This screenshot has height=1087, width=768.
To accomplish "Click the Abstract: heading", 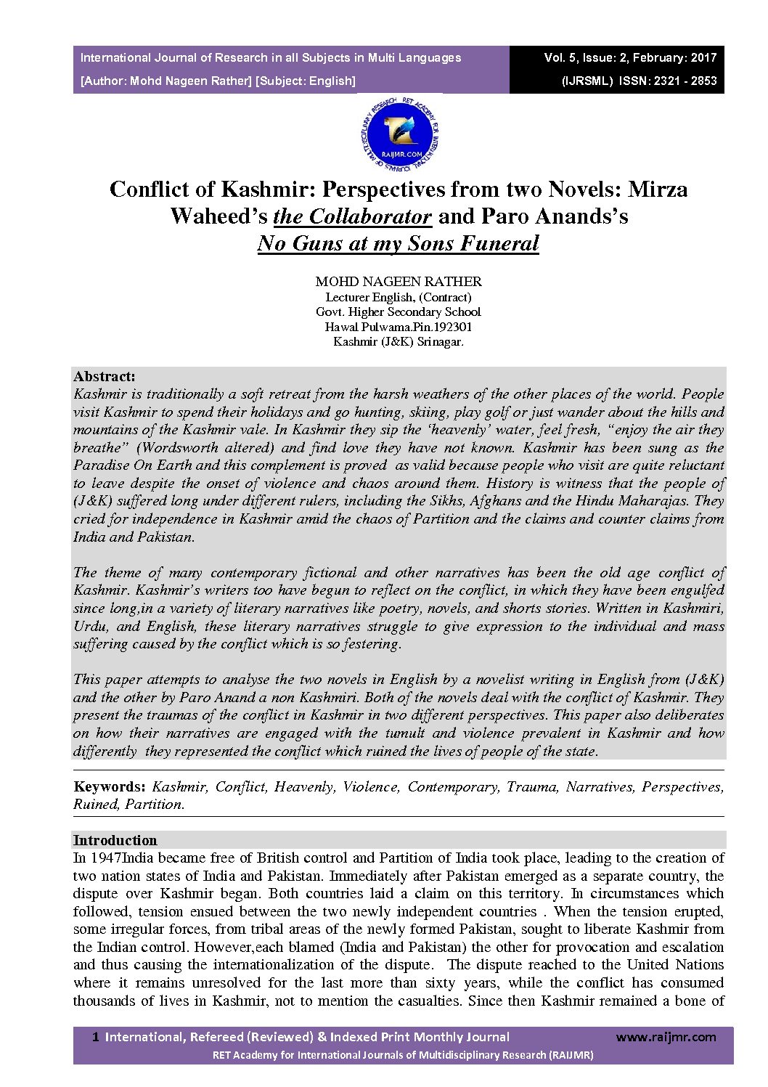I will (x=105, y=376).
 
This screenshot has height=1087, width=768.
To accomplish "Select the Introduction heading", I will (x=115, y=840).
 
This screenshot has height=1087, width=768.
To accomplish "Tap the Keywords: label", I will (x=110, y=786).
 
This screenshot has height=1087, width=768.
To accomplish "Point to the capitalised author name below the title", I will (x=399, y=281).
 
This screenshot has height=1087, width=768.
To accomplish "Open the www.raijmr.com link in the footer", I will (x=666, y=1037).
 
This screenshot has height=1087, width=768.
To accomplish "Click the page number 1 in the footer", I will (x=95, y=1037).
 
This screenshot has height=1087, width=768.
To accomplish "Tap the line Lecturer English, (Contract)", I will (x=399, y=297).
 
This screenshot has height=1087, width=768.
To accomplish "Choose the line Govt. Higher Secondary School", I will (x=399, y=312).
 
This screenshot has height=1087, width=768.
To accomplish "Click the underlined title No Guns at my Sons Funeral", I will (x=399, y=243).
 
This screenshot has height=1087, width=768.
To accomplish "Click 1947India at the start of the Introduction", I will (x=118, y=858).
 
